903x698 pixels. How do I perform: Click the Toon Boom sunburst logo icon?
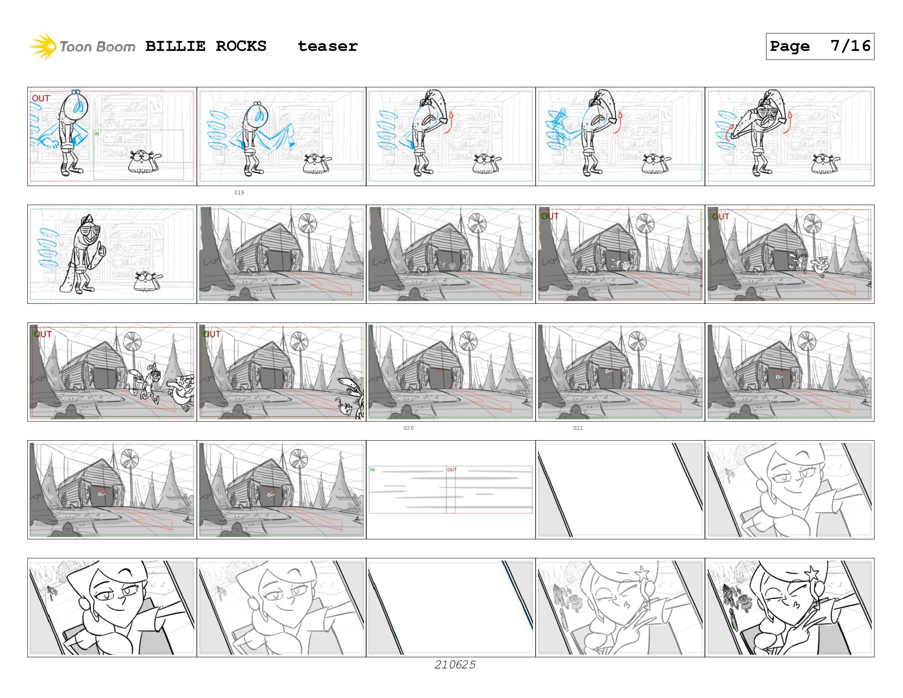tap(43, 46)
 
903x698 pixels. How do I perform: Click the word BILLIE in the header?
tap(175, 46)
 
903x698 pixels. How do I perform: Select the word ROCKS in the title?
tap(241, 46)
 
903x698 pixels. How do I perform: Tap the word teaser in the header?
tap(327, 46)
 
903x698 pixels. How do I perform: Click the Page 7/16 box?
tap(819, 46)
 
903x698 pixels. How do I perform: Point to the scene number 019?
tap(239, 193)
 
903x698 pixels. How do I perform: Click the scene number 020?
tap(408, 428)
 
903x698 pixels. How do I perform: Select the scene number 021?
tap(578, 428)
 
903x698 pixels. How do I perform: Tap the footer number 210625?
tap(455, 665)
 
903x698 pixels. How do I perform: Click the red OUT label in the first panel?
tap(41, 99)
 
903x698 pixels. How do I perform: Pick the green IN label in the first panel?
tap(97, 134)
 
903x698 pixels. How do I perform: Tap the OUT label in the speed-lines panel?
tap(451, 470)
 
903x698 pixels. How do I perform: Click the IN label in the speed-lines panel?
tap(372, 470)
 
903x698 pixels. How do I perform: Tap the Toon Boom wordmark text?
tap(97, 47)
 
